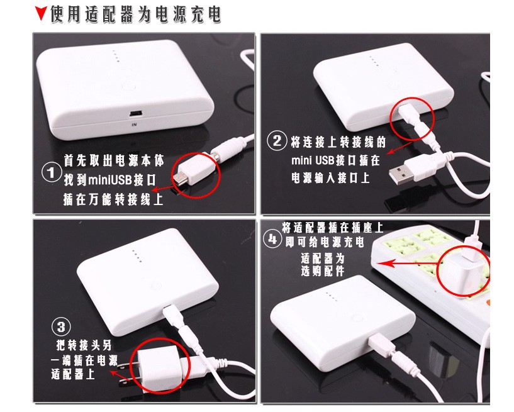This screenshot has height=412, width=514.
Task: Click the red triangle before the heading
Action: click(41, 13)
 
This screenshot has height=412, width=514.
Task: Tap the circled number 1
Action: click(52, 172)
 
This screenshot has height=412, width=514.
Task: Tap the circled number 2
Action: click(277, 141)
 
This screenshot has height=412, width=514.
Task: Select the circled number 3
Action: click(61, 327)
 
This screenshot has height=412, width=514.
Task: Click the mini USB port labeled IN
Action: click(135, 114)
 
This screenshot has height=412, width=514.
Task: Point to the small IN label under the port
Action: click(134, 125)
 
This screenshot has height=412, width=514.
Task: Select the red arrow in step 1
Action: click(163, 189)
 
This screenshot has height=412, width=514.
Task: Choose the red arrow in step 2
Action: click(399, 148)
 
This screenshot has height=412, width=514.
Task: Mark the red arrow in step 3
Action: click(121, 374)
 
